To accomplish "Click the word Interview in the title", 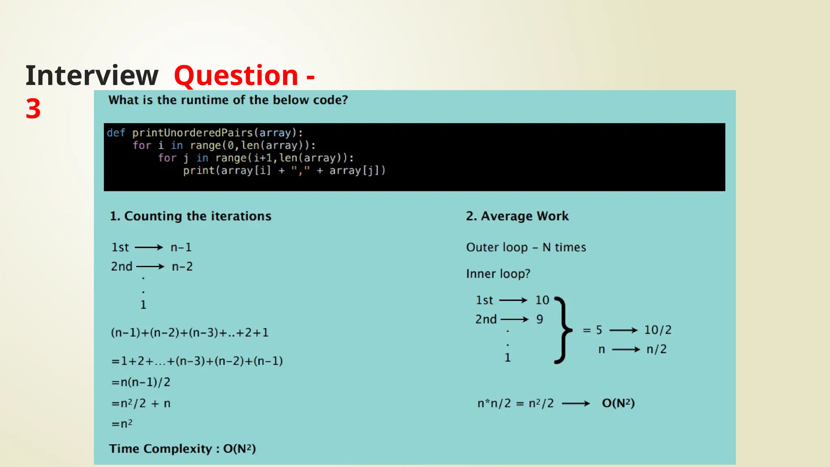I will [92, 76].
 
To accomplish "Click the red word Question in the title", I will [236, 76].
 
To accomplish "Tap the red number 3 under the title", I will [33, 109].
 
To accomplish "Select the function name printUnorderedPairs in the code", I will [192, 133].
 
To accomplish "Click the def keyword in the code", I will [116, 133].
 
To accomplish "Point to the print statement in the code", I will [284, 171].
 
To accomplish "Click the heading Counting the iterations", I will [190, 216].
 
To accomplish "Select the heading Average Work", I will [517, 216].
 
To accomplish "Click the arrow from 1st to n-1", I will [149, 247].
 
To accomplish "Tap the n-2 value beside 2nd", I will [182, 267].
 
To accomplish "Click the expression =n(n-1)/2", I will [141, 382].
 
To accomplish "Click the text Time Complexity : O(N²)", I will [182, 449].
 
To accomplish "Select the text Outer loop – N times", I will [526, 247].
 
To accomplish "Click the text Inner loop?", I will [498, 274].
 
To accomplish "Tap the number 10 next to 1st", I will [542, 300].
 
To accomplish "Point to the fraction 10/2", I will [658, 330].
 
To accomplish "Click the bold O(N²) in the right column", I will [618, 403].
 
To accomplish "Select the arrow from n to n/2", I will [626, 349].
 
